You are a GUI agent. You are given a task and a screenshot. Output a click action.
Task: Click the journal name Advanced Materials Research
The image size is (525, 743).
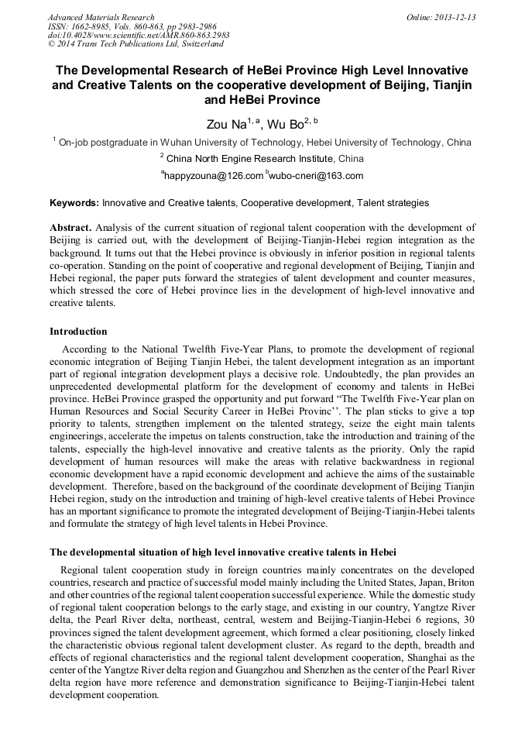tap(101, 17)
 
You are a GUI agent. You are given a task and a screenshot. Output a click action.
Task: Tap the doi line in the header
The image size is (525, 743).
tap(139, 35)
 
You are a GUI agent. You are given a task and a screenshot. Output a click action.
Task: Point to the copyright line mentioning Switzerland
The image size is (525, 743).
tap(135, 44)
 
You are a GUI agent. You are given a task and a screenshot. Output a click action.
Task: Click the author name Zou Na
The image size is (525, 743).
tap(225, 124)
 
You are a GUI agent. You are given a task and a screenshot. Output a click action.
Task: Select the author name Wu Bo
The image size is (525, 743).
tap(290, 124)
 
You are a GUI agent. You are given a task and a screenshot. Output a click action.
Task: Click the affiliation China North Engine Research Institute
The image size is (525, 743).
tap(264, 159)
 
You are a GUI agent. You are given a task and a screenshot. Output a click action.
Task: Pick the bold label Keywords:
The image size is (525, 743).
tap(74, 203)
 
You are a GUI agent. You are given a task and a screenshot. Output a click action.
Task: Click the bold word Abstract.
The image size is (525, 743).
tap(70, 228)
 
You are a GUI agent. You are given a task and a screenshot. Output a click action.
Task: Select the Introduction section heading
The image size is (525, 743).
tap(78, 332)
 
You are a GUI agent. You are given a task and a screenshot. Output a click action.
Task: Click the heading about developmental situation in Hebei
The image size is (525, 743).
tap(223, 552)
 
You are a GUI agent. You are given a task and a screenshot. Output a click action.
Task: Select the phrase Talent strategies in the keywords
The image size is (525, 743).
tap(392, 203)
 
